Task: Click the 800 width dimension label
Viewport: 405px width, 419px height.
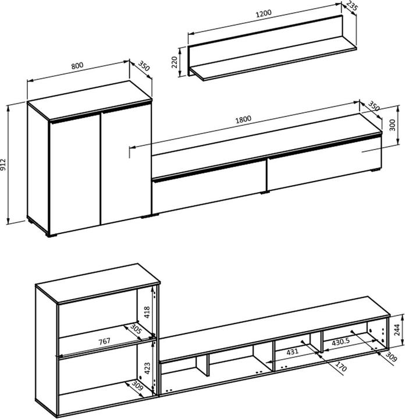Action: click(76, 66)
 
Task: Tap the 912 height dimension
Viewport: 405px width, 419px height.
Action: click(4, 165)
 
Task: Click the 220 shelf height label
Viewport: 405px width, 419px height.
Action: click(175, 62)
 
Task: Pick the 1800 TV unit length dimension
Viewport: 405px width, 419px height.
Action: click(243, 120)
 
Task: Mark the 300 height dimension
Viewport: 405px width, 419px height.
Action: click(392, 126)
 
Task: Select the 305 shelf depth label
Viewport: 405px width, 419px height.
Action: click(136, 331)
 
